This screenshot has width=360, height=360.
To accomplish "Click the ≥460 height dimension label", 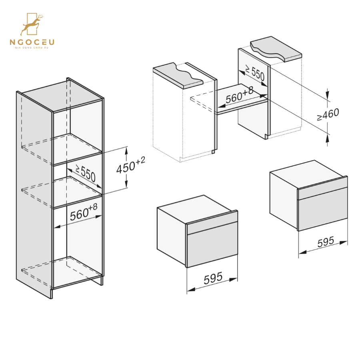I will (x=328, y=115).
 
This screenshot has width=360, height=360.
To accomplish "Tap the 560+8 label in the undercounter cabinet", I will (x=239, y=96).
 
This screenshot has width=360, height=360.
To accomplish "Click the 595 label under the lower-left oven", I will (x=213, y=278).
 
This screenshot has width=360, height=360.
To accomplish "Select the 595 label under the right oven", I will (x=326, y=242).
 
